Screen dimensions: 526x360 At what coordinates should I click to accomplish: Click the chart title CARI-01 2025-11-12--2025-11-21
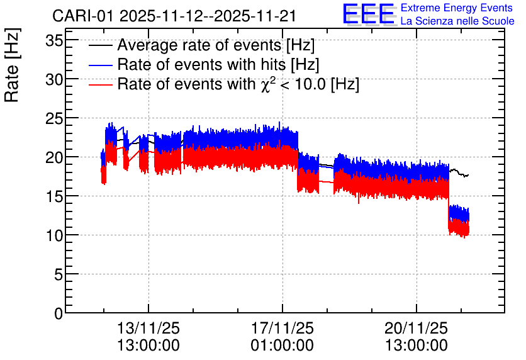coord(174,16)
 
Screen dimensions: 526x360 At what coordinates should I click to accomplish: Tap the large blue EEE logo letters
coord(369,14)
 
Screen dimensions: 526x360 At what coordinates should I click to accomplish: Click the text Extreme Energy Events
coord(457,8)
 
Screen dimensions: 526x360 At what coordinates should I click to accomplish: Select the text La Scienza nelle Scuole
coord(457,21)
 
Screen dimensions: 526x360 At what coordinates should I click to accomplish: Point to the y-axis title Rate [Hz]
coord(12,65)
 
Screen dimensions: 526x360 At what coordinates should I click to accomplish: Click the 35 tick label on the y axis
coord(54,41)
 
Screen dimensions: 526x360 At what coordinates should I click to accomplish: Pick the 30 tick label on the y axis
coord(54,79)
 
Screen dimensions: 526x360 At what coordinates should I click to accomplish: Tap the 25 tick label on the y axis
coord(54,118)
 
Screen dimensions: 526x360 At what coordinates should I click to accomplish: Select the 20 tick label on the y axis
coord(54,157)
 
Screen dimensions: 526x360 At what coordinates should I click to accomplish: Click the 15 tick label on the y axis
coord(54,196)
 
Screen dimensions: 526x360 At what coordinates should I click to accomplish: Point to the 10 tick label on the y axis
coord(54,235)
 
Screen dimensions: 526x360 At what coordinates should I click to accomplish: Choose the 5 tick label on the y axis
coord(59,275)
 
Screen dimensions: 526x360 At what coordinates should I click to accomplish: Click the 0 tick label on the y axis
coord(59,313)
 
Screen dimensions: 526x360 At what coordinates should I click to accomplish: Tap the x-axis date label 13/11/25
coord(148,328)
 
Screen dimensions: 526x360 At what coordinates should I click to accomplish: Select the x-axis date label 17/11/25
coord(283,328)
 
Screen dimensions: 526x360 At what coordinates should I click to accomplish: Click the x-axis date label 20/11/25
coord(417,328)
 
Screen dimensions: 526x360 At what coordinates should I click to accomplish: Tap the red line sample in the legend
coord(100,85)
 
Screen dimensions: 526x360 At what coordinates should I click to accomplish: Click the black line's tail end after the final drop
coord(468,175)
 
